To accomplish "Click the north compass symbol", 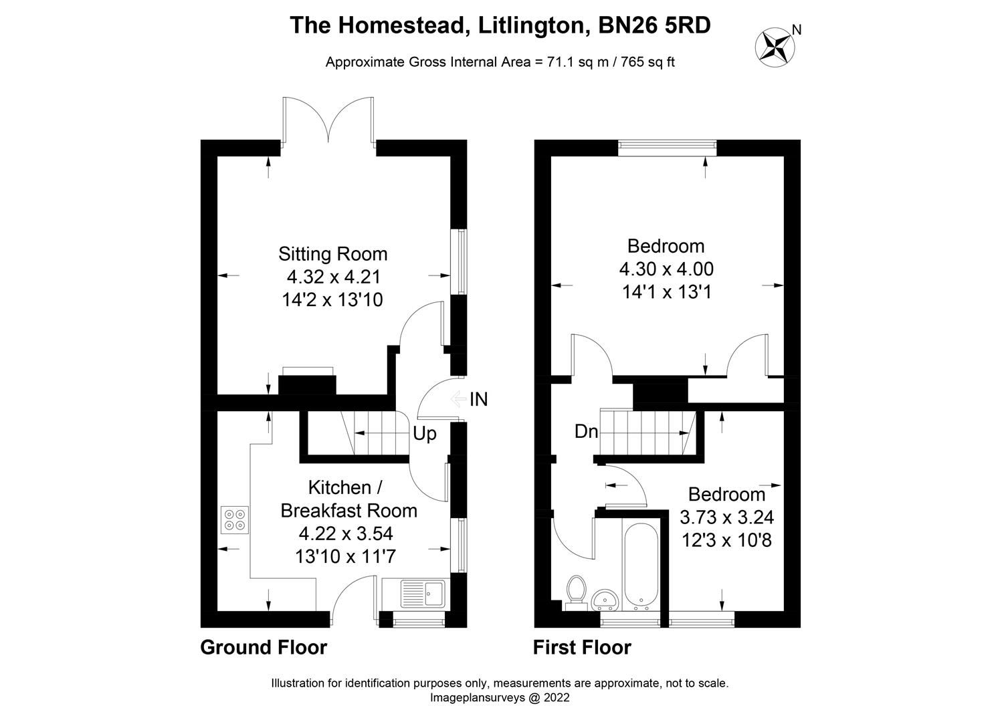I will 775,46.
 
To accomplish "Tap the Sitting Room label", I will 332,254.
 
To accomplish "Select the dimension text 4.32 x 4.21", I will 332,277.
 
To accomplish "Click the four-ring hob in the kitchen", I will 235,520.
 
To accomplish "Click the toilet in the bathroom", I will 575,592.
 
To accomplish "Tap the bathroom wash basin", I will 607,599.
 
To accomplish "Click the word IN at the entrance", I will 478,400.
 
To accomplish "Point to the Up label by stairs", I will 424,434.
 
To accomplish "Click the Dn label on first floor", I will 586,432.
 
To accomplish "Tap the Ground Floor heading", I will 264,647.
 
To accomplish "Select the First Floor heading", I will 581,647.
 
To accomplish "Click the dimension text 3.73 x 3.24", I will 726,517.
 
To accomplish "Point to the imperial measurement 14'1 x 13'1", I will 666,292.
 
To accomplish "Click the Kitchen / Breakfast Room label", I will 348,499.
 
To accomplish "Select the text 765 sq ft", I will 648,62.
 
